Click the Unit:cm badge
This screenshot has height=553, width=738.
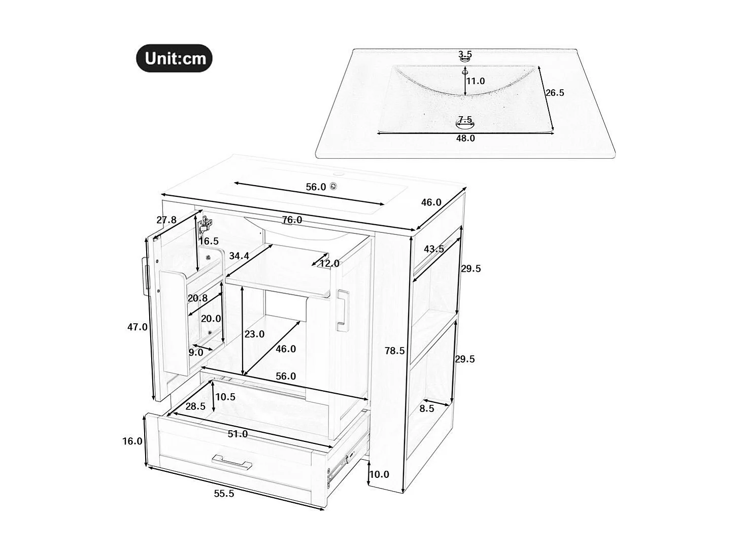click(x=174, y=58)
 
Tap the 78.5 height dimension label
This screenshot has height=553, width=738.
click(x=394, y=351)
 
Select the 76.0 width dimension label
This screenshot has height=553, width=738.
click(x=292, y=220)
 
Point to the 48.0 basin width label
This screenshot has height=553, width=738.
click(x=465, y=138)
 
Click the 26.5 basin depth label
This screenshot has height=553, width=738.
click(x=555, y=92)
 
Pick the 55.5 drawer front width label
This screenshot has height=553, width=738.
click(x=224, y=493)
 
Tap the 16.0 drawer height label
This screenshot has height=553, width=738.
click(x=132, y=441)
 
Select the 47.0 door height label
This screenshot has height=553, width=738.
click(x=137, y=327)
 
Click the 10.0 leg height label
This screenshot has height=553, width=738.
click(x=379, y=474)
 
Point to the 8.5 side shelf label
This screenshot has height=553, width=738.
click(x=427, y=408)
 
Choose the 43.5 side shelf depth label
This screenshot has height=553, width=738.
click(x=434, y=249)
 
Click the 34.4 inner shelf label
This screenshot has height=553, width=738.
click(x=239, y=256)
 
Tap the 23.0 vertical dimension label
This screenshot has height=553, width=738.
click(x=254, y=334)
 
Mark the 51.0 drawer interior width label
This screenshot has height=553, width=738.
click(x=238, y=434)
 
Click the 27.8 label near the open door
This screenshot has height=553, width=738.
click(x=166, y=220)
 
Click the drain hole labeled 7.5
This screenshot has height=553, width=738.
click(x=465, y=122)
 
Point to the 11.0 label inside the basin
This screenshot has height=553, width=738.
click(x=476, y=81)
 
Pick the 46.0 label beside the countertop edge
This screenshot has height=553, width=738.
click(x=431, y=202)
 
